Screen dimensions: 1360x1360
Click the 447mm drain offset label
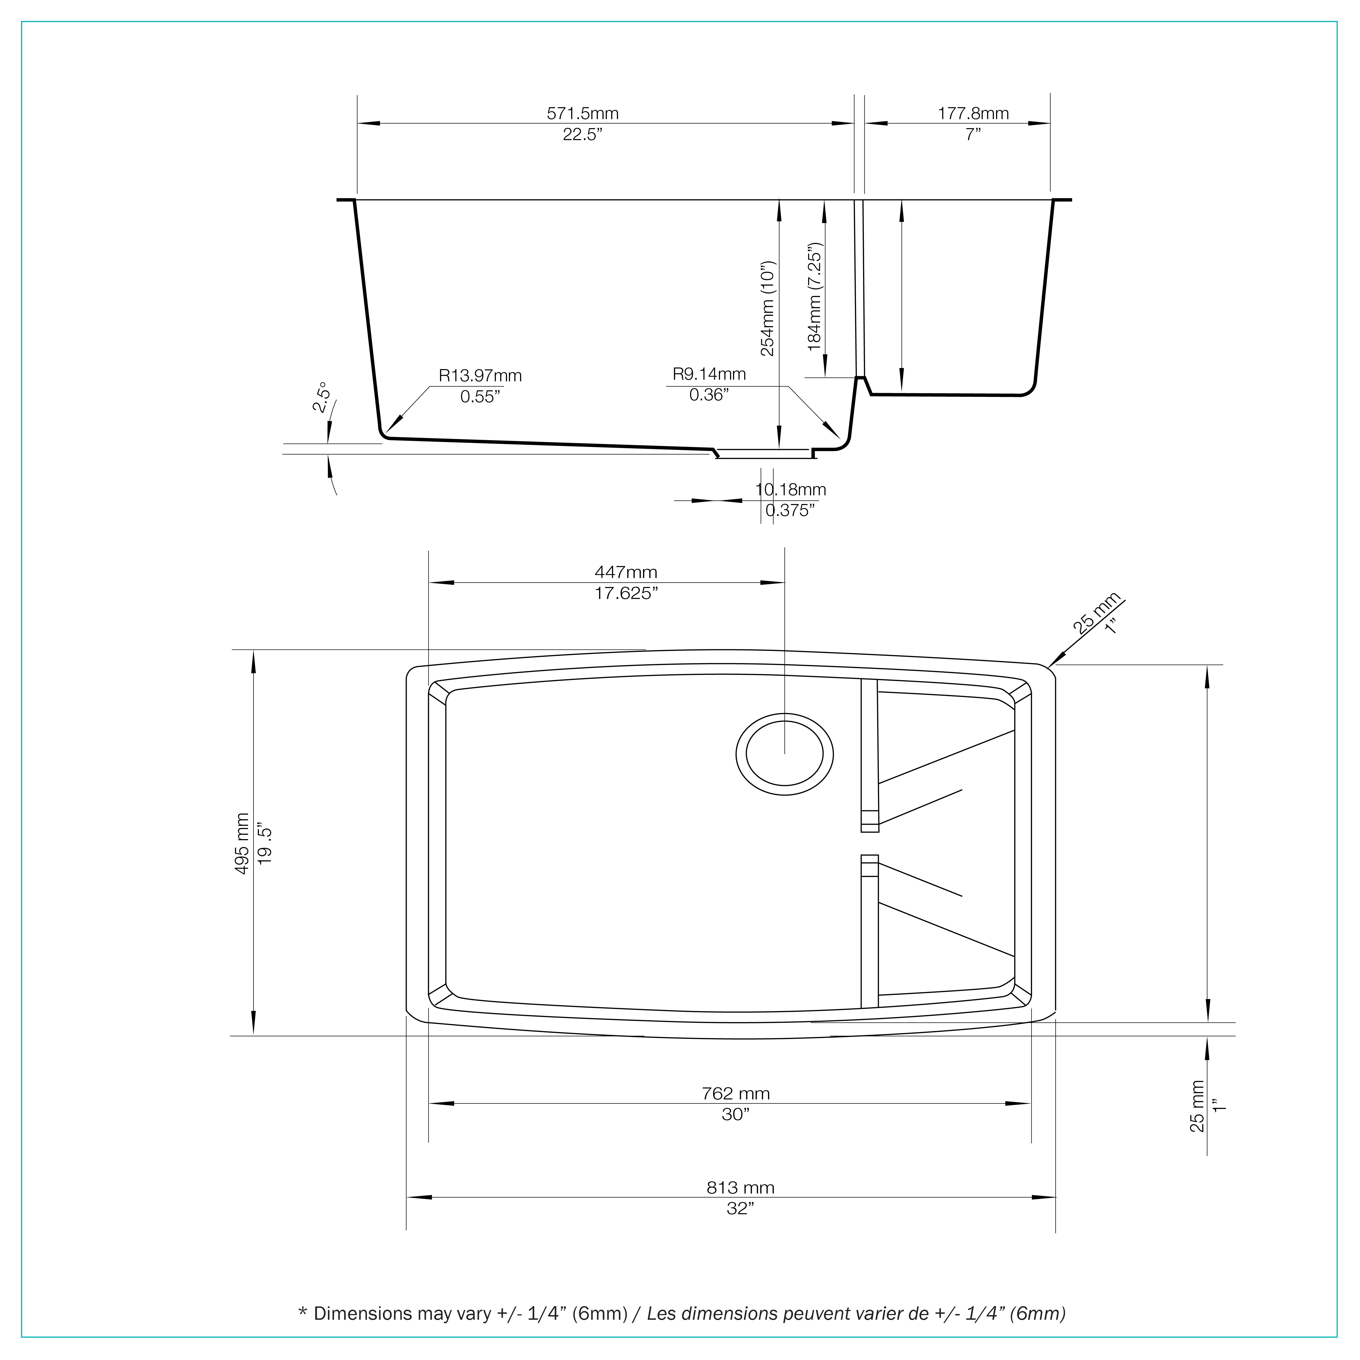tap(626, 572)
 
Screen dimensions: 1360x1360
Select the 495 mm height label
tap(242, 843)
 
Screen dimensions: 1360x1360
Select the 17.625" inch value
tap(626, 594)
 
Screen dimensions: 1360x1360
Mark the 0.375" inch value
tap(790, 510)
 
